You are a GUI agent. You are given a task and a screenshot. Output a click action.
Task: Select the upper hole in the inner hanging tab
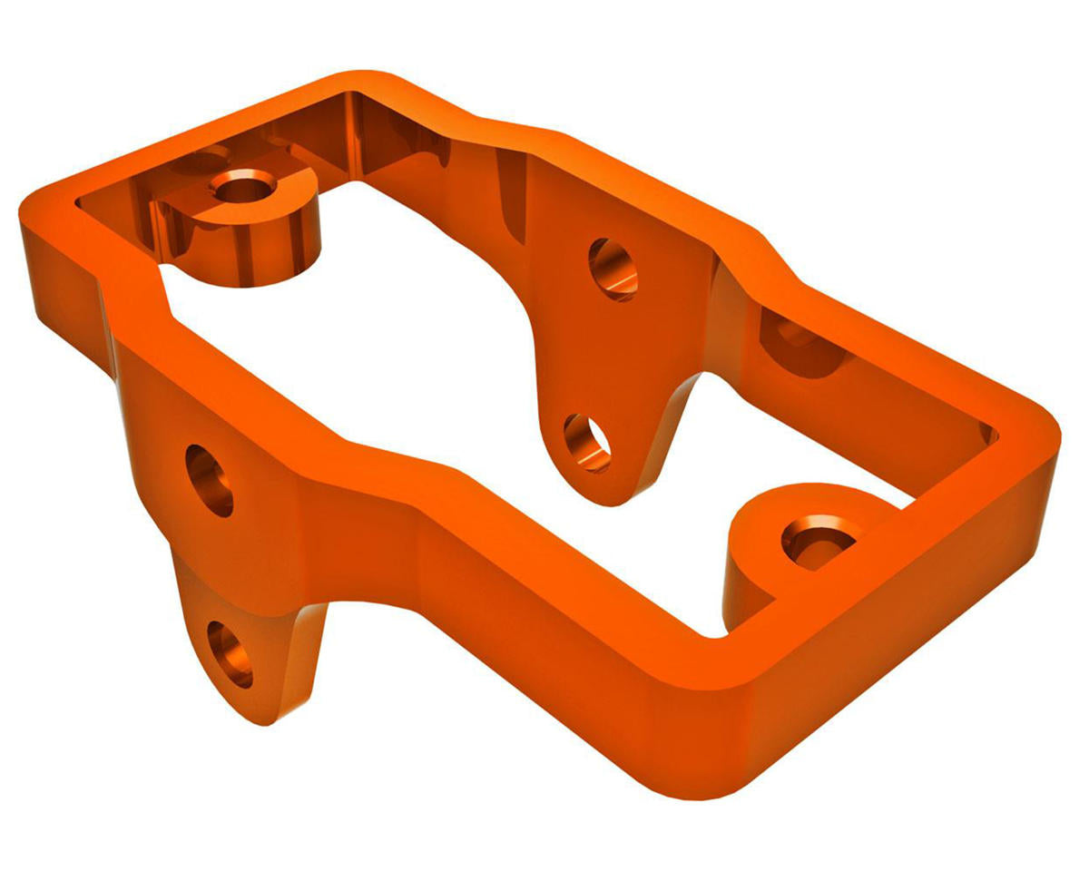click(613, 269)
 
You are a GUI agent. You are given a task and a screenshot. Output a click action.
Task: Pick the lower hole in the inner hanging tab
click(587, 442)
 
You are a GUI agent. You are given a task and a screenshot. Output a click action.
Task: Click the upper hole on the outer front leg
click(210, 480)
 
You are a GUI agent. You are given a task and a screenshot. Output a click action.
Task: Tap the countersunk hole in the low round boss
click(817, 541)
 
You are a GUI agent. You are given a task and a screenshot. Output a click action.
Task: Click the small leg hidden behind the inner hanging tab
click(681, 408)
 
